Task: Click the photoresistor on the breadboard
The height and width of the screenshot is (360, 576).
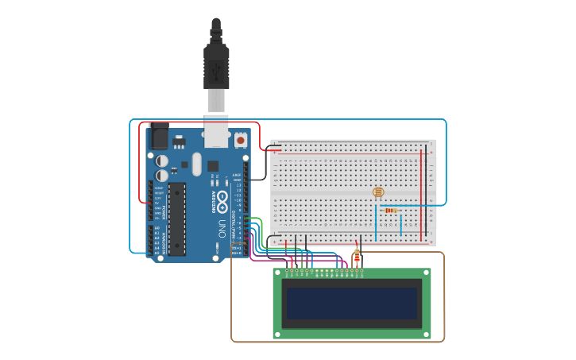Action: point(378,192)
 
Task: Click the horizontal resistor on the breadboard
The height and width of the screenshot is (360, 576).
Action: point(389,210)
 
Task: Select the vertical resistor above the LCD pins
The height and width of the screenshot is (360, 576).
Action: point(357,257)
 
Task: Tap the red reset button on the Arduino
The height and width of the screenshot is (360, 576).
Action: point(241,141)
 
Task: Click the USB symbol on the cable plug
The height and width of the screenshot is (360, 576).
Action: point(216,73)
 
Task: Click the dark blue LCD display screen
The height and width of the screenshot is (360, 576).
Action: point(352,303)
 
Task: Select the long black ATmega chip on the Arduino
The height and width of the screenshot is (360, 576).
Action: point(176,219)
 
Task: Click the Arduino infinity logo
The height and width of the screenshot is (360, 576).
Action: point(223,198)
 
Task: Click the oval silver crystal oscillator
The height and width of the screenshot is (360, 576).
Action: point(196,165)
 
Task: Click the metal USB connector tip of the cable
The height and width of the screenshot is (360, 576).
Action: point(216,101)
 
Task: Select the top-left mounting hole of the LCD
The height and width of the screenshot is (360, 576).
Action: point(279,273)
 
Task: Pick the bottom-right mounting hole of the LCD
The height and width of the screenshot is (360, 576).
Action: point(427,333)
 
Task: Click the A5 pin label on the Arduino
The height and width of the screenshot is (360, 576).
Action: point(157,253)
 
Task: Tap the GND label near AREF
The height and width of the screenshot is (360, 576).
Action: point(237,180)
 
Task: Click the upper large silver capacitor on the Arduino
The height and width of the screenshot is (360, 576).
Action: point(162,159)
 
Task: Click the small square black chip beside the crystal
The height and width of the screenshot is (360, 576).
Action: point(213,166)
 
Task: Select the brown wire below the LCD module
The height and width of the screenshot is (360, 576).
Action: point(338,342)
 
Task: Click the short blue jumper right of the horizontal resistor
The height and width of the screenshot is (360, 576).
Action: point(401,224)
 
